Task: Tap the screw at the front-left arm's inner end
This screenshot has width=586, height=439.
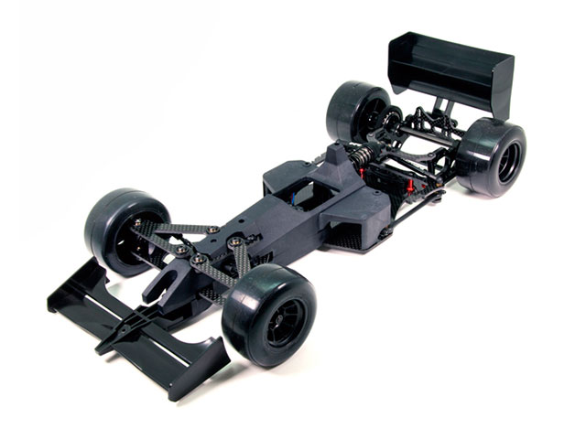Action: [212, 230]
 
